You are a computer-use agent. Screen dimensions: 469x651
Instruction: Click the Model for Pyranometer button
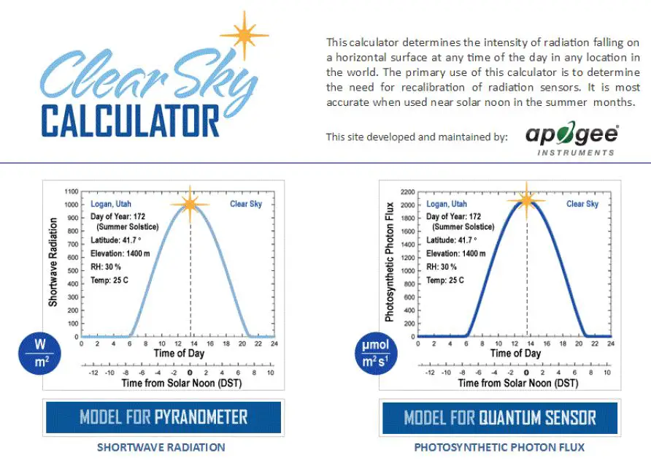(163, 418)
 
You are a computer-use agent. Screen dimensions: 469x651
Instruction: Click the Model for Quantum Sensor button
(500, 418)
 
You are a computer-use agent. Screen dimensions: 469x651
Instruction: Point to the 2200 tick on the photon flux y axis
(407, 191)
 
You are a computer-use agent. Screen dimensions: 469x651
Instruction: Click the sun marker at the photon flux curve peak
(525, 200)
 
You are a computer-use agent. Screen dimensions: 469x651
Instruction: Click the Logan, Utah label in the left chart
(112, 205)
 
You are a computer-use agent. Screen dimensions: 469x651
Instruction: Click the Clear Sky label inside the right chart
(582, 205)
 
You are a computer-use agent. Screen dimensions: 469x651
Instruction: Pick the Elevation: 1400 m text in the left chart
(120, 253)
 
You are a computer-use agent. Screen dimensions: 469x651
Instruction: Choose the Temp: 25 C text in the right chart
(447, 280)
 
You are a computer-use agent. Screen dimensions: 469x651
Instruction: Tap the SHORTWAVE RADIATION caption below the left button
(161, 447)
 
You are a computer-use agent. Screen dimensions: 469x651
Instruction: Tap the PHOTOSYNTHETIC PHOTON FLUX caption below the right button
(499, 447)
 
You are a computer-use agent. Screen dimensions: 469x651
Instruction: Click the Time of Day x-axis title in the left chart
(179, 354)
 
